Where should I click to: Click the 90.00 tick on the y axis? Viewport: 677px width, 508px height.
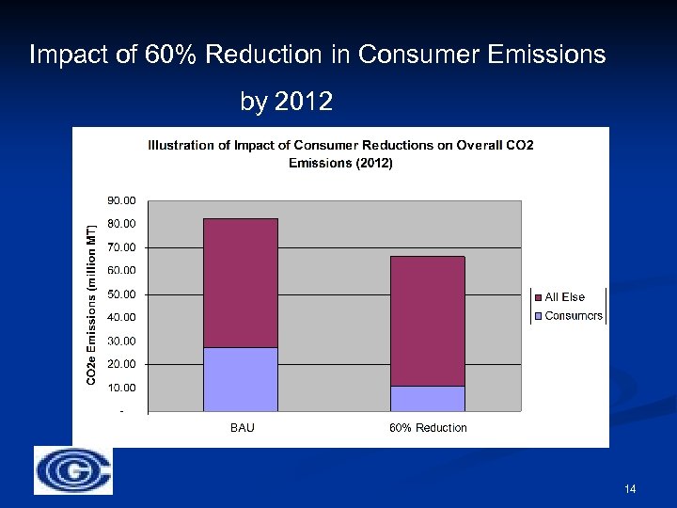(x=122, y=200)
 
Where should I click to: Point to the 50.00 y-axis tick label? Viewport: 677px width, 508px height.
(x=122, y=294)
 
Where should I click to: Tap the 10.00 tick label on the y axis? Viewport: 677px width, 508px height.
(x=122, y=388)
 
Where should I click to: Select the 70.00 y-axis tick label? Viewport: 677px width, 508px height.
(x=122, y=247)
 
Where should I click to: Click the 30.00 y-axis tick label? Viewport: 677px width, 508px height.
(x=122, y=341)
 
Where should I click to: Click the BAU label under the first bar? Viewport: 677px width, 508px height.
(x=242, y=428)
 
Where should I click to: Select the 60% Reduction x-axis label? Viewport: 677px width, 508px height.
(x=428, y=428)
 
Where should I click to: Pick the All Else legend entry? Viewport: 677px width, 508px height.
(x=564, y=297)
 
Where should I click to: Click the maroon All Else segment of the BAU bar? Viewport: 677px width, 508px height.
(x=241, y=282)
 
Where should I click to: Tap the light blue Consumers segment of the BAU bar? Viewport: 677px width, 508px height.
(x=241, y=379)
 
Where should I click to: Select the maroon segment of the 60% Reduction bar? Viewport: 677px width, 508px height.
(x=428, y=320)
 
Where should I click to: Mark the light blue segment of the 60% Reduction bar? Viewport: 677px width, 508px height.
(x=428, y=399)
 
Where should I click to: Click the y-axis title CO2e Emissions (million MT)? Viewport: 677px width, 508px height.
(x=91, y=305)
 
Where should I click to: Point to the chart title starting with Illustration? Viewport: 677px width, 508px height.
(x=340, y=153)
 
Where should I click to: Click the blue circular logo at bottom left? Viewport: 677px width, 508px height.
(x=73, y=469)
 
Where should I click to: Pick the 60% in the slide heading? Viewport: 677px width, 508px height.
(x=172, y=56)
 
